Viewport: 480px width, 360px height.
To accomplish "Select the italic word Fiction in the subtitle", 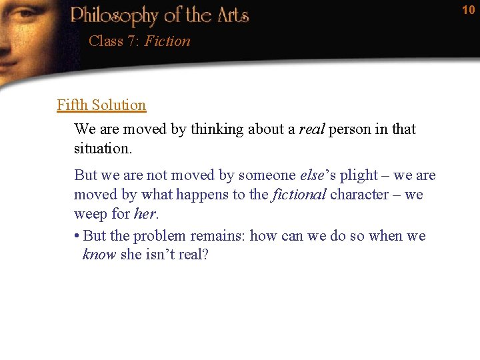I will [167, 41].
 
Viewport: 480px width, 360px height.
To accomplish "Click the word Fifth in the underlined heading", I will [73, 105].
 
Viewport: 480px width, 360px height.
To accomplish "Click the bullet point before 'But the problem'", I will [77, 236].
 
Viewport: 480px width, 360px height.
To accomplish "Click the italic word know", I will [99, 255].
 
